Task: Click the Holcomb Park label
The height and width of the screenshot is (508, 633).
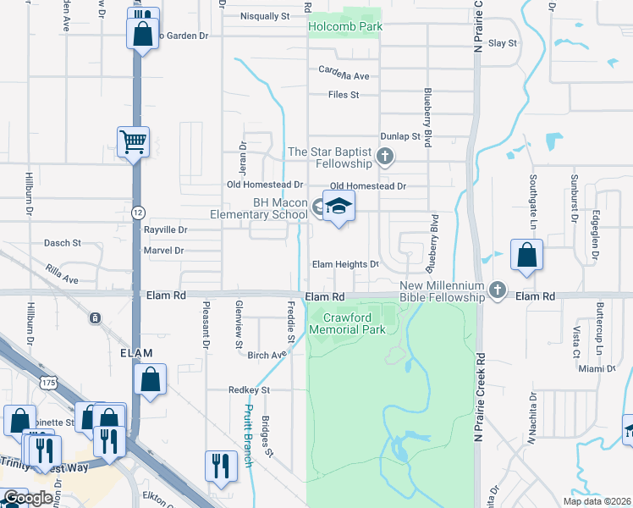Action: coord(344,26)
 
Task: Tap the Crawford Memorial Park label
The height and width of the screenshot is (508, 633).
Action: coord(347,323)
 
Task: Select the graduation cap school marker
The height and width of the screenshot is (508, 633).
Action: coord(339,207)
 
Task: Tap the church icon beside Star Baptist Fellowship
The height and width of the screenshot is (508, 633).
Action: coord(385,155)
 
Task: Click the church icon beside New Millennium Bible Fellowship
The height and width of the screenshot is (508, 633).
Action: coord(498,292)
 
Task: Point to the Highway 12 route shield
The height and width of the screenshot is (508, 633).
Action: coord(138,211)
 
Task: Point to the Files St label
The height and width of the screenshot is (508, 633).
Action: coord(344,95)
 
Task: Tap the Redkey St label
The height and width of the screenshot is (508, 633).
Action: coord(248,390)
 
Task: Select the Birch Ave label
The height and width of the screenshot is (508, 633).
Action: coord(267,356)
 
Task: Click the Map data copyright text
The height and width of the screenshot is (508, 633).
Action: coord(597,501)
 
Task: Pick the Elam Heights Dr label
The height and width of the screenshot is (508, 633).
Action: coord(345,264)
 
